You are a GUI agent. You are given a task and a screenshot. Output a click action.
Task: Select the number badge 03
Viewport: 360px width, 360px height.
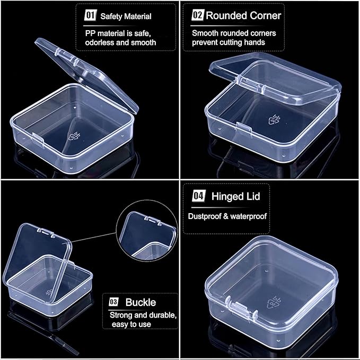click(x=114, y=302)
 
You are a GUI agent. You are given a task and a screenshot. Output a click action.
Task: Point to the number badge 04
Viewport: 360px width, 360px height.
click(x=198, y=197)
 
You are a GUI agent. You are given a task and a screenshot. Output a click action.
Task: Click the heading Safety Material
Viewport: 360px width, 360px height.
click(x=126, y=16)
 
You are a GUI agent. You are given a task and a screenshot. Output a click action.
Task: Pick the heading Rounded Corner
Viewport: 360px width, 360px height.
click(x=243, y=15)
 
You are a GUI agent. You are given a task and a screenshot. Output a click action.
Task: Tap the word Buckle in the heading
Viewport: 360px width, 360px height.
click(x=141, y=302)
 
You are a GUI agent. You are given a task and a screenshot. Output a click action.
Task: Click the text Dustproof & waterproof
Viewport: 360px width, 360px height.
click(x=227, y=216)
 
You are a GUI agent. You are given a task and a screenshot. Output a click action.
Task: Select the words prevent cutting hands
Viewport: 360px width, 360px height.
click(x=229, y=41)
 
